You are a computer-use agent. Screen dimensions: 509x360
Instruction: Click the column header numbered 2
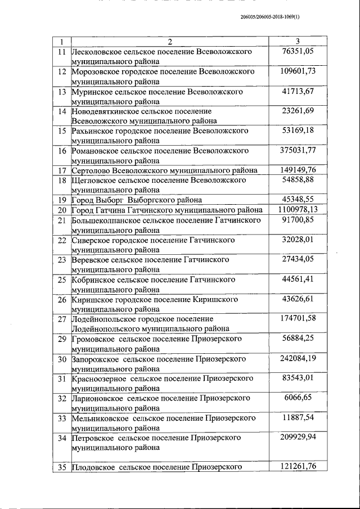[x=169, y=42]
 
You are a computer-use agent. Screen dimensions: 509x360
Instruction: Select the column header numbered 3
[x=298, y=42]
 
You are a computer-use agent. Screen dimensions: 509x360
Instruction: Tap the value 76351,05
[x=298, y=52]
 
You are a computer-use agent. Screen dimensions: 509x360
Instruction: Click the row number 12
[x=62, y=72]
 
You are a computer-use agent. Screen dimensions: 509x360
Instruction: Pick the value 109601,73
[x=298, y=71]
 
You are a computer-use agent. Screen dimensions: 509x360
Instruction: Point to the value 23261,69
[x=298, y=111]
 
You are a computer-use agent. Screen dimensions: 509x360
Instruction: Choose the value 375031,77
[x=298, y=150]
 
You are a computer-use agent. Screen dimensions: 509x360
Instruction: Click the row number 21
[x=62, y=220]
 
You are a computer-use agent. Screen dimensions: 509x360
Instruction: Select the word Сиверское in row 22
[x=92, y=240]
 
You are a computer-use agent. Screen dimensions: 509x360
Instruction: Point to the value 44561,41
[x=298, y=279]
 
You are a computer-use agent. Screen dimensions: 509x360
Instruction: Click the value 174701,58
[x=298, y=319]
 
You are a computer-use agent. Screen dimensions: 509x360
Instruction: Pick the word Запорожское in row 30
[x=94, y=359]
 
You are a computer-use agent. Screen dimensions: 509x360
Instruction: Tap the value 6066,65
[x=298, y=398]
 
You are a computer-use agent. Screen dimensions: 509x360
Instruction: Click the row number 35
[x=62, y=466]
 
